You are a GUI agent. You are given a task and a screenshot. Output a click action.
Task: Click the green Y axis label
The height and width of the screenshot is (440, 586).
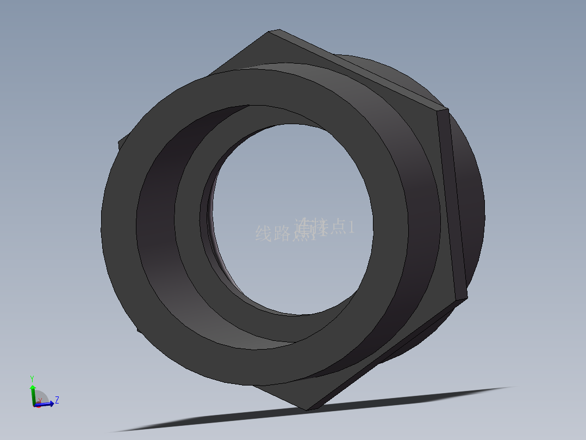(x=32, y=378)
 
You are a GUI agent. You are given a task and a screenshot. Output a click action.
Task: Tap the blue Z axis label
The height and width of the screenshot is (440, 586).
(x=57, y=400)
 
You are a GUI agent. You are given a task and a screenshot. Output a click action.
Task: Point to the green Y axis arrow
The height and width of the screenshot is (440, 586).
(x=33, y=391)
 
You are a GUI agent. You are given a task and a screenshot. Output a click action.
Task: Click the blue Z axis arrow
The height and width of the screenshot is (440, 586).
(x=48, y=404)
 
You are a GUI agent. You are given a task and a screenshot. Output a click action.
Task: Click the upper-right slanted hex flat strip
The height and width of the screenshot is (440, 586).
(x=359, y=68)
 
